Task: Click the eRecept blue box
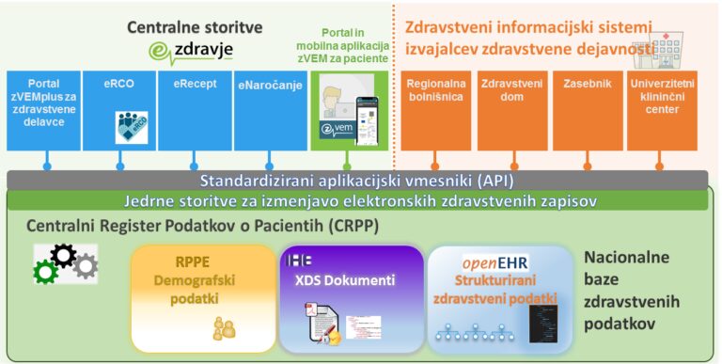coord(195,109)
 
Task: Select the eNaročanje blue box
coord(269,109)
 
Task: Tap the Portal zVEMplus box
coord(43,109)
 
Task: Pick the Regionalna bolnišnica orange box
coord(436,109)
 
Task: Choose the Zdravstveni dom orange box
coord(512,109)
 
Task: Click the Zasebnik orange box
coord(587,109)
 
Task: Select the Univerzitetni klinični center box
coord(663,109)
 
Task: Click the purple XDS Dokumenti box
coord(351,294)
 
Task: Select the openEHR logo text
coord(494,262)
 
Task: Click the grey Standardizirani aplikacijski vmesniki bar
coord(361,180)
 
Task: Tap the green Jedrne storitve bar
coord(361,199)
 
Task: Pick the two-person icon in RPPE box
coord(224,326)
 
